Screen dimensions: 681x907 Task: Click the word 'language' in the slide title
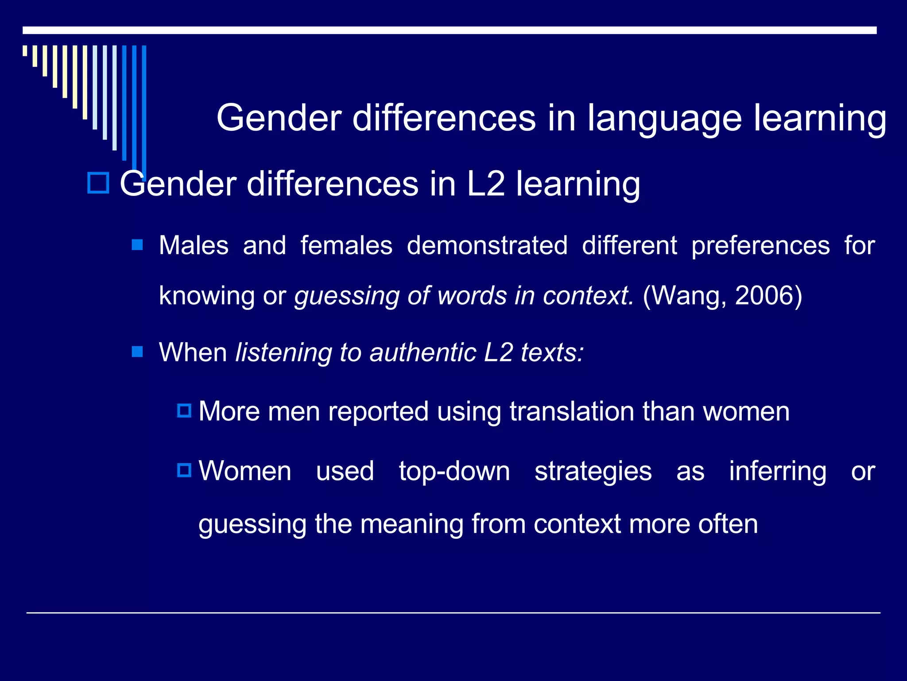pos(664,119)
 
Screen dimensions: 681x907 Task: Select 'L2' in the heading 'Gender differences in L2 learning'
pos(486,184)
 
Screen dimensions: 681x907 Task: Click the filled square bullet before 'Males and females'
pos(137,245)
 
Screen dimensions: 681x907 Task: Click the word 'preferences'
pos(760,247)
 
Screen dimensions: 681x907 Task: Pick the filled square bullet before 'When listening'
pos(137,352)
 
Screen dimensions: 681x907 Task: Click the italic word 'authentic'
pos(422,352)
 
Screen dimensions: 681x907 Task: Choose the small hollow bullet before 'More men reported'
pos(184,411)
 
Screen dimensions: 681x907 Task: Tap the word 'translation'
pos(572,411)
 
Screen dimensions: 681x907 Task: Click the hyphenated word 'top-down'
pos(454,471)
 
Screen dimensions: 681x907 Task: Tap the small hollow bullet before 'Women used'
pos(184,470)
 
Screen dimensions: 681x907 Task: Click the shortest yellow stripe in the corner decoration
pos(25,51)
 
